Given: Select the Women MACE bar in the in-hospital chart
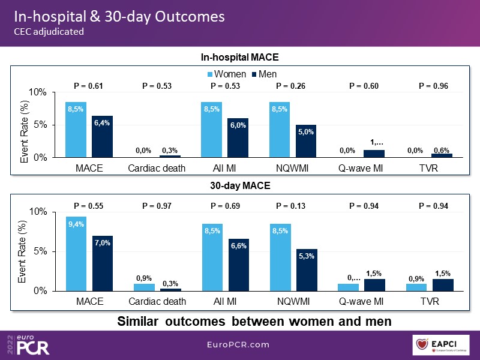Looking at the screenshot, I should coord(76,130).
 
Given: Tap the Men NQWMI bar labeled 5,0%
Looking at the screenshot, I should coord(306,141).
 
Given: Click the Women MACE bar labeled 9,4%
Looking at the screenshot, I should coord(76,253).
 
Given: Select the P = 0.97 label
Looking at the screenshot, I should coord(157,206).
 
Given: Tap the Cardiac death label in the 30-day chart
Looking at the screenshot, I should coord(157,301).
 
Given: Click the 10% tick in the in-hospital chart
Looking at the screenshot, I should coord(37,92).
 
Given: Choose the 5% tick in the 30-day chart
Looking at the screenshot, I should coord(40,251).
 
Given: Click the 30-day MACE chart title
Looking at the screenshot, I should coord(240,185).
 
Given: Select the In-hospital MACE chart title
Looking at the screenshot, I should coord(240,58).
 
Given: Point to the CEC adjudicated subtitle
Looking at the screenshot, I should coord(49,32).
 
